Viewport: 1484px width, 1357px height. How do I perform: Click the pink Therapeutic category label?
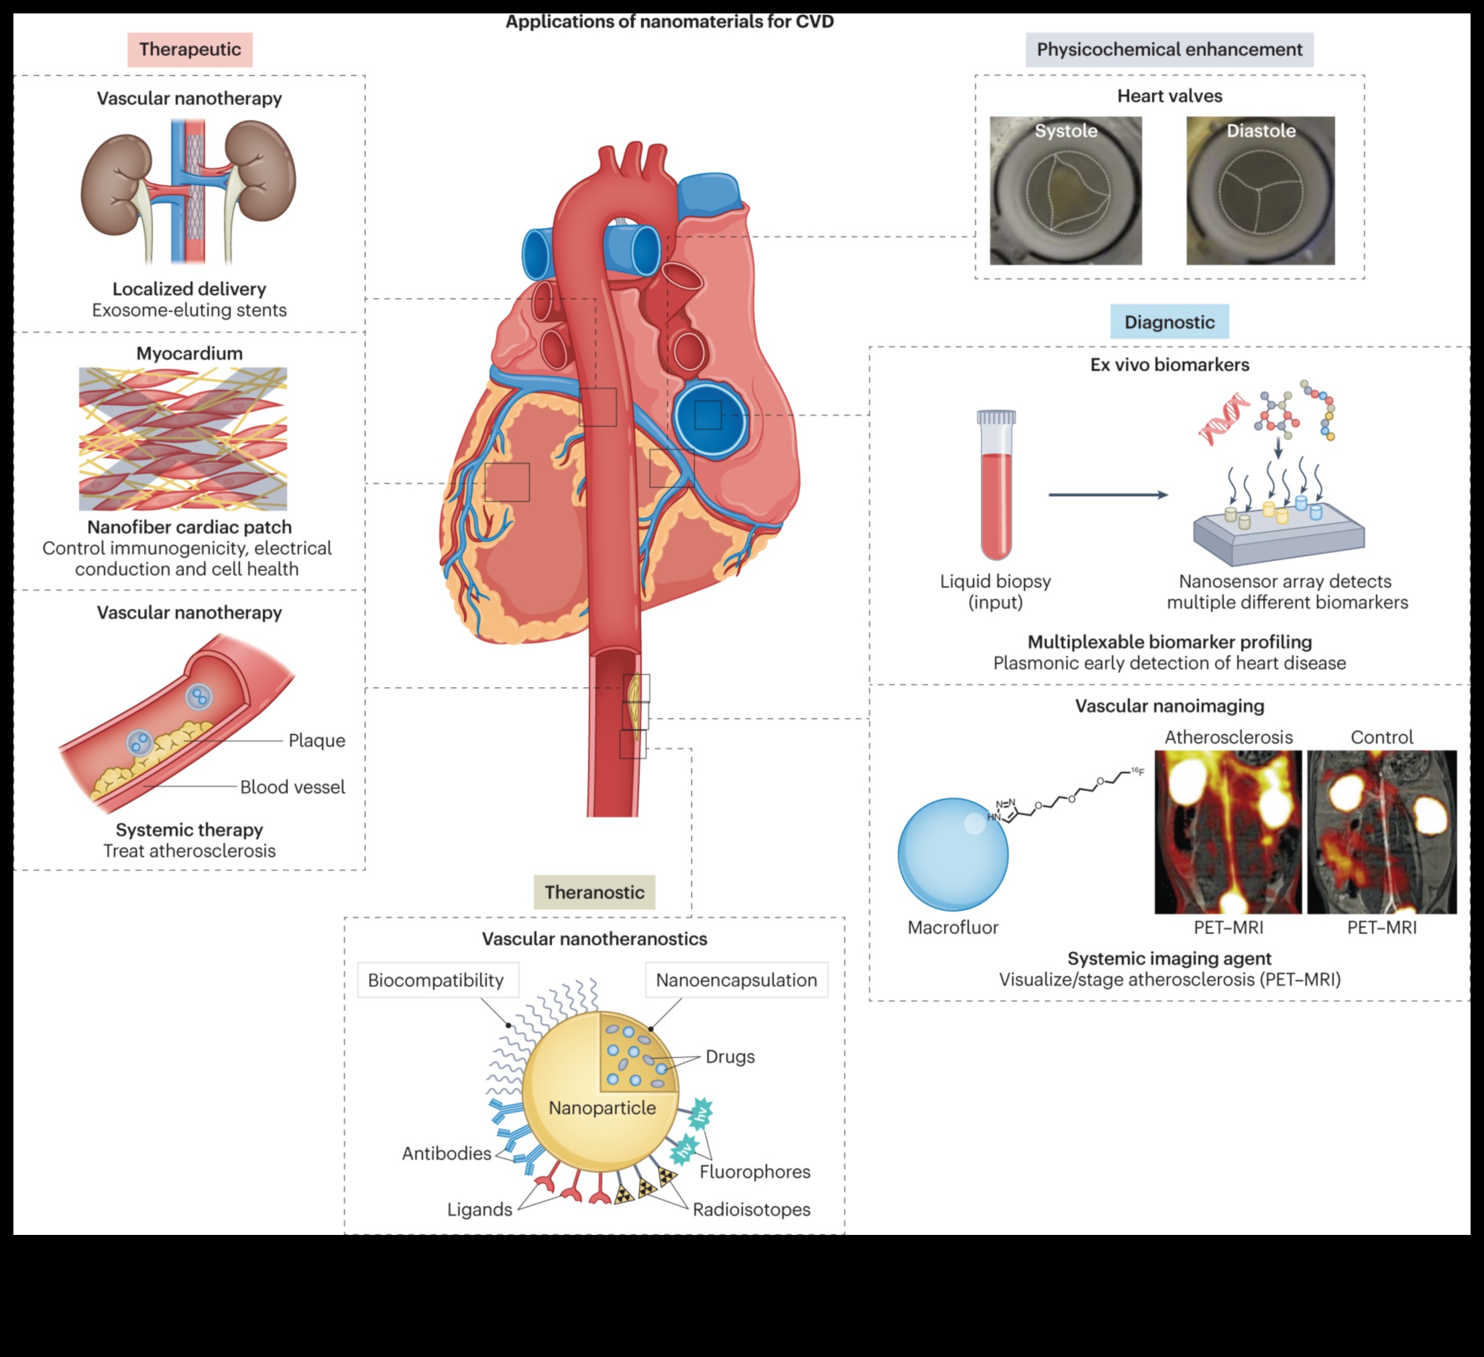click(190, 50)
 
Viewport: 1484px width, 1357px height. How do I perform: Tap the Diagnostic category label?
click(1169, 322)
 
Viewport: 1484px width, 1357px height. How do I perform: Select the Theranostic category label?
click(594, 891)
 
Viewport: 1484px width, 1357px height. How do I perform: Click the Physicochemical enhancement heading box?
click(1169, 50)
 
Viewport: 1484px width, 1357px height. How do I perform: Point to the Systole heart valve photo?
click(1065, 191)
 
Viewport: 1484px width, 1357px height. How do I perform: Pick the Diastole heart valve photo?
click(1260, 191)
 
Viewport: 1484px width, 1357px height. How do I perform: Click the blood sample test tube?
click(996, 486)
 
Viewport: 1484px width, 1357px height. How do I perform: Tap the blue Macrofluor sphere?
click(952, 854)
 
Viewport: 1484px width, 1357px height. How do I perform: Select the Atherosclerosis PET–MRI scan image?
click(1228, 832)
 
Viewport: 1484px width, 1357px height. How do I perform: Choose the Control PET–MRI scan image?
click(1381, 832)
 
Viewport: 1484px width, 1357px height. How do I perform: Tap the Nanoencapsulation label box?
click(736, 980)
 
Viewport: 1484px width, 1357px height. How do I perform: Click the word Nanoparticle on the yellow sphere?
click(602, 1107)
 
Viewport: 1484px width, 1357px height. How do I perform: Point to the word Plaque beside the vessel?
click(317, 740)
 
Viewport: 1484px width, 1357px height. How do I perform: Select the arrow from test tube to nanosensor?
click(1108, 495)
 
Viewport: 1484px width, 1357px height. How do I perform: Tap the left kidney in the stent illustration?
click(115, 184)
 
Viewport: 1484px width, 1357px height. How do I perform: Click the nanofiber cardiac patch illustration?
click(183, 439)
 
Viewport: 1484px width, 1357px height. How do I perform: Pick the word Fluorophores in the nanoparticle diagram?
click(754, 1171)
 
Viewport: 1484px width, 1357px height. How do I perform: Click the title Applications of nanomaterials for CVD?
click(669, 21)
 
